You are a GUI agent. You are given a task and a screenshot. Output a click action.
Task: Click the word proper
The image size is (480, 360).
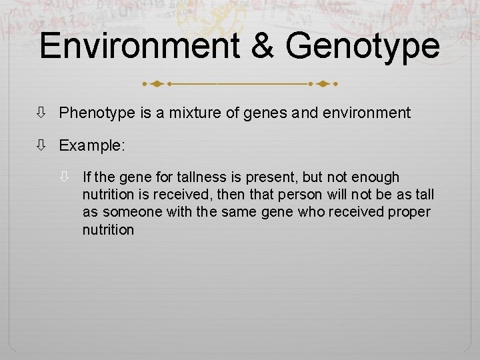(411, 213)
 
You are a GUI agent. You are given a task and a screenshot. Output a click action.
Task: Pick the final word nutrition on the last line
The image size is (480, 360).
(108, 230)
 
